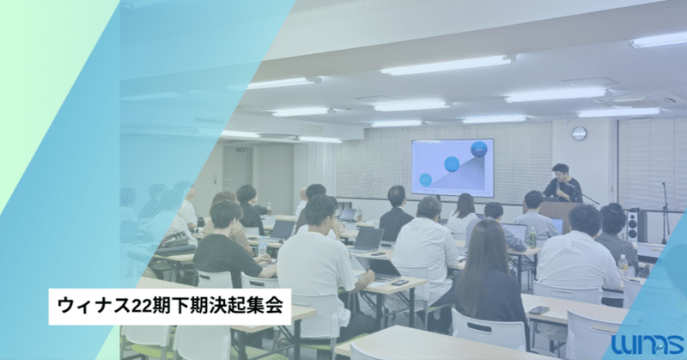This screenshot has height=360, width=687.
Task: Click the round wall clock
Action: [x=579, y=133]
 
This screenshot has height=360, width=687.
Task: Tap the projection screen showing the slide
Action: [x=452, y=168]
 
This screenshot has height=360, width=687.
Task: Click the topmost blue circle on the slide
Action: [x=478, y=149]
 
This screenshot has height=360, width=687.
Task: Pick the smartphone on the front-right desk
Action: [x=539, y=309]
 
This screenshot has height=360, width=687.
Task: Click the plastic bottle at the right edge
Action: [x=623, y=266]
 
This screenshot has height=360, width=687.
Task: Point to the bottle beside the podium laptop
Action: [x=532, y=235]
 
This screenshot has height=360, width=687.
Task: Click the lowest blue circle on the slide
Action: [x=425, y=180]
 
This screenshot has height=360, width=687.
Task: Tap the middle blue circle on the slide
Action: [x=452, y=163]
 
